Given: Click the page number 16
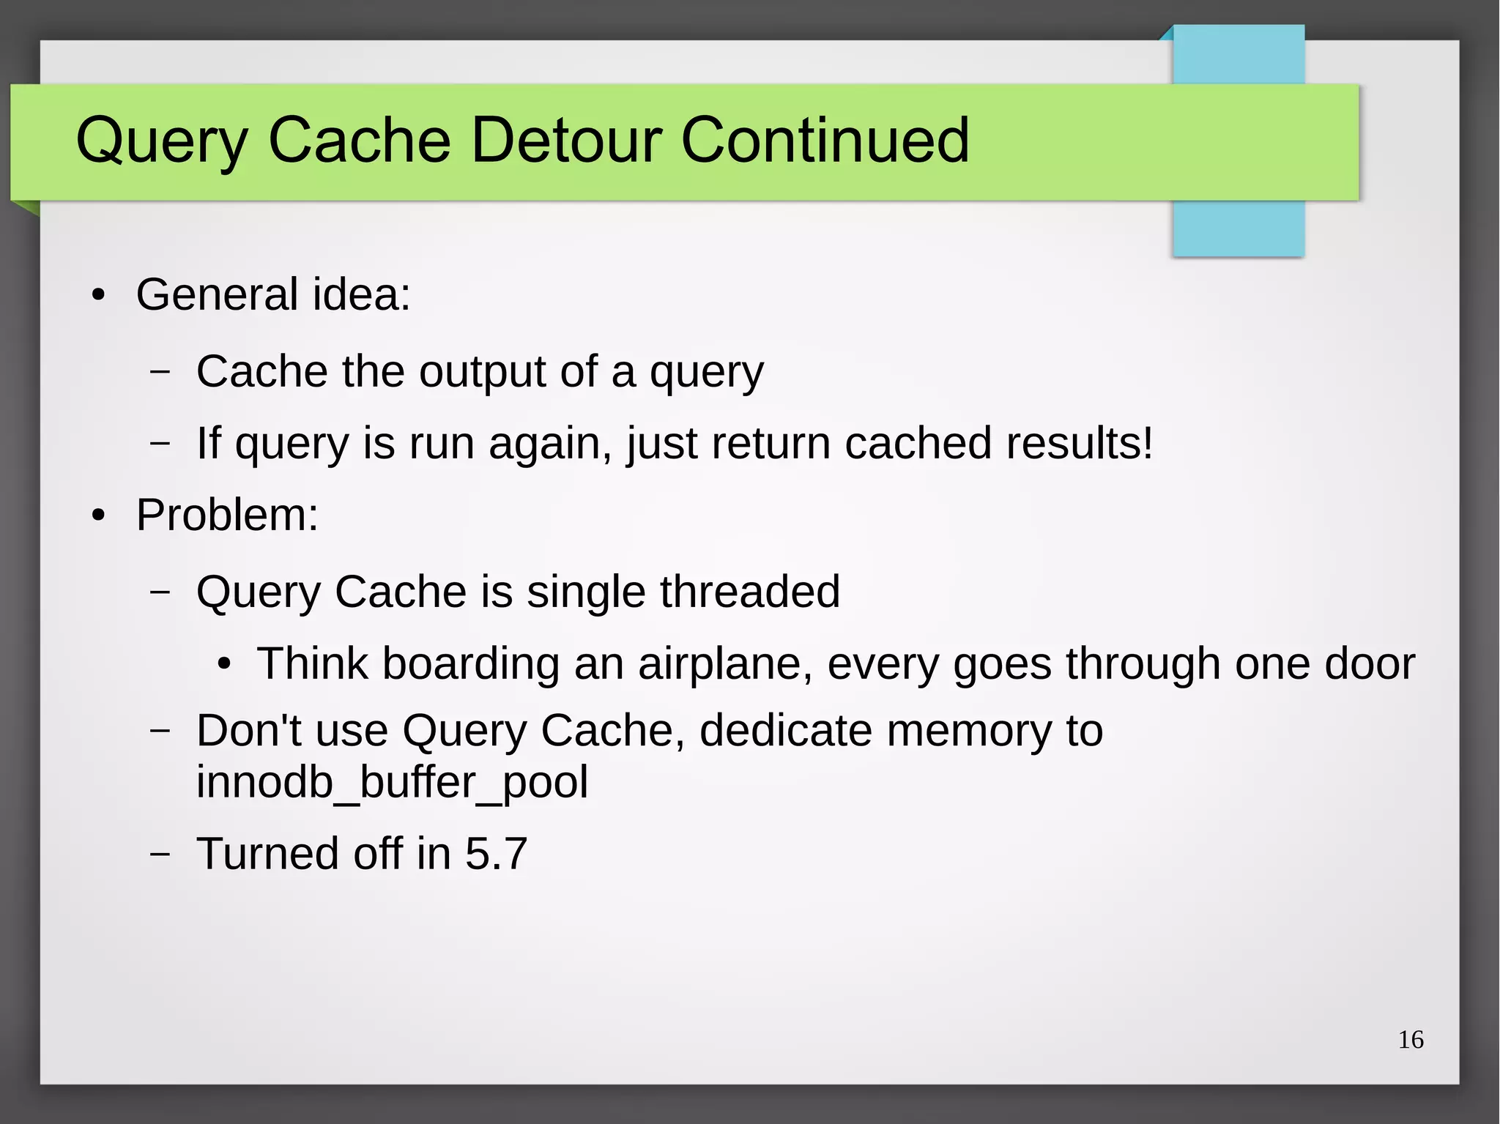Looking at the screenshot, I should [1411, 1040].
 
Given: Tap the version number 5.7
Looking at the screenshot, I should [496, 853].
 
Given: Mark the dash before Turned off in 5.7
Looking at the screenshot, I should [159, 855].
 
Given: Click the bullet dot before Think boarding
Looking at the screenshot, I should [224, 665].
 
